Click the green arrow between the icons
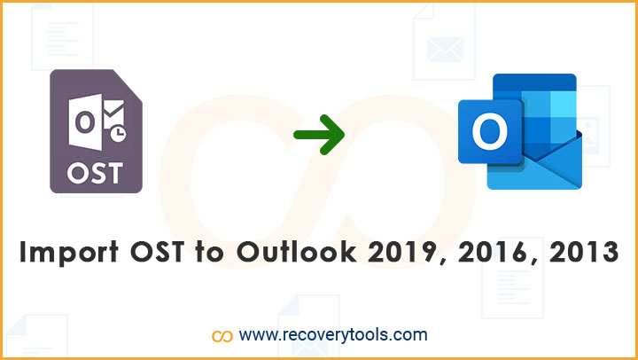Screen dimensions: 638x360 (319, 135)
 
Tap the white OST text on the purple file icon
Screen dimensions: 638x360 (95, 174)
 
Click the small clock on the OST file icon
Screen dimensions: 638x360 (118, 135)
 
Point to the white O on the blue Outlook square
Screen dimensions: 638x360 (489, 131)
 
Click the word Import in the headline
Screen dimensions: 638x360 (69, 253)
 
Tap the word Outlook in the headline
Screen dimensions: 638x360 (297, 252)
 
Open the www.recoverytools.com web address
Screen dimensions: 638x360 (333, 335)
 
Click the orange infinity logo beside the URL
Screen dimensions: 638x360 (222, 336)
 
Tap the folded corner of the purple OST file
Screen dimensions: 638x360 (128, 85)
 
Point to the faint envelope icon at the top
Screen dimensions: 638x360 (445, 50)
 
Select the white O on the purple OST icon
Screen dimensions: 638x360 (85, 122)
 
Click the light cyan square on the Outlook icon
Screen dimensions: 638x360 (564, 104)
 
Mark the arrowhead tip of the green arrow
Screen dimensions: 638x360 (345, 135)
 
